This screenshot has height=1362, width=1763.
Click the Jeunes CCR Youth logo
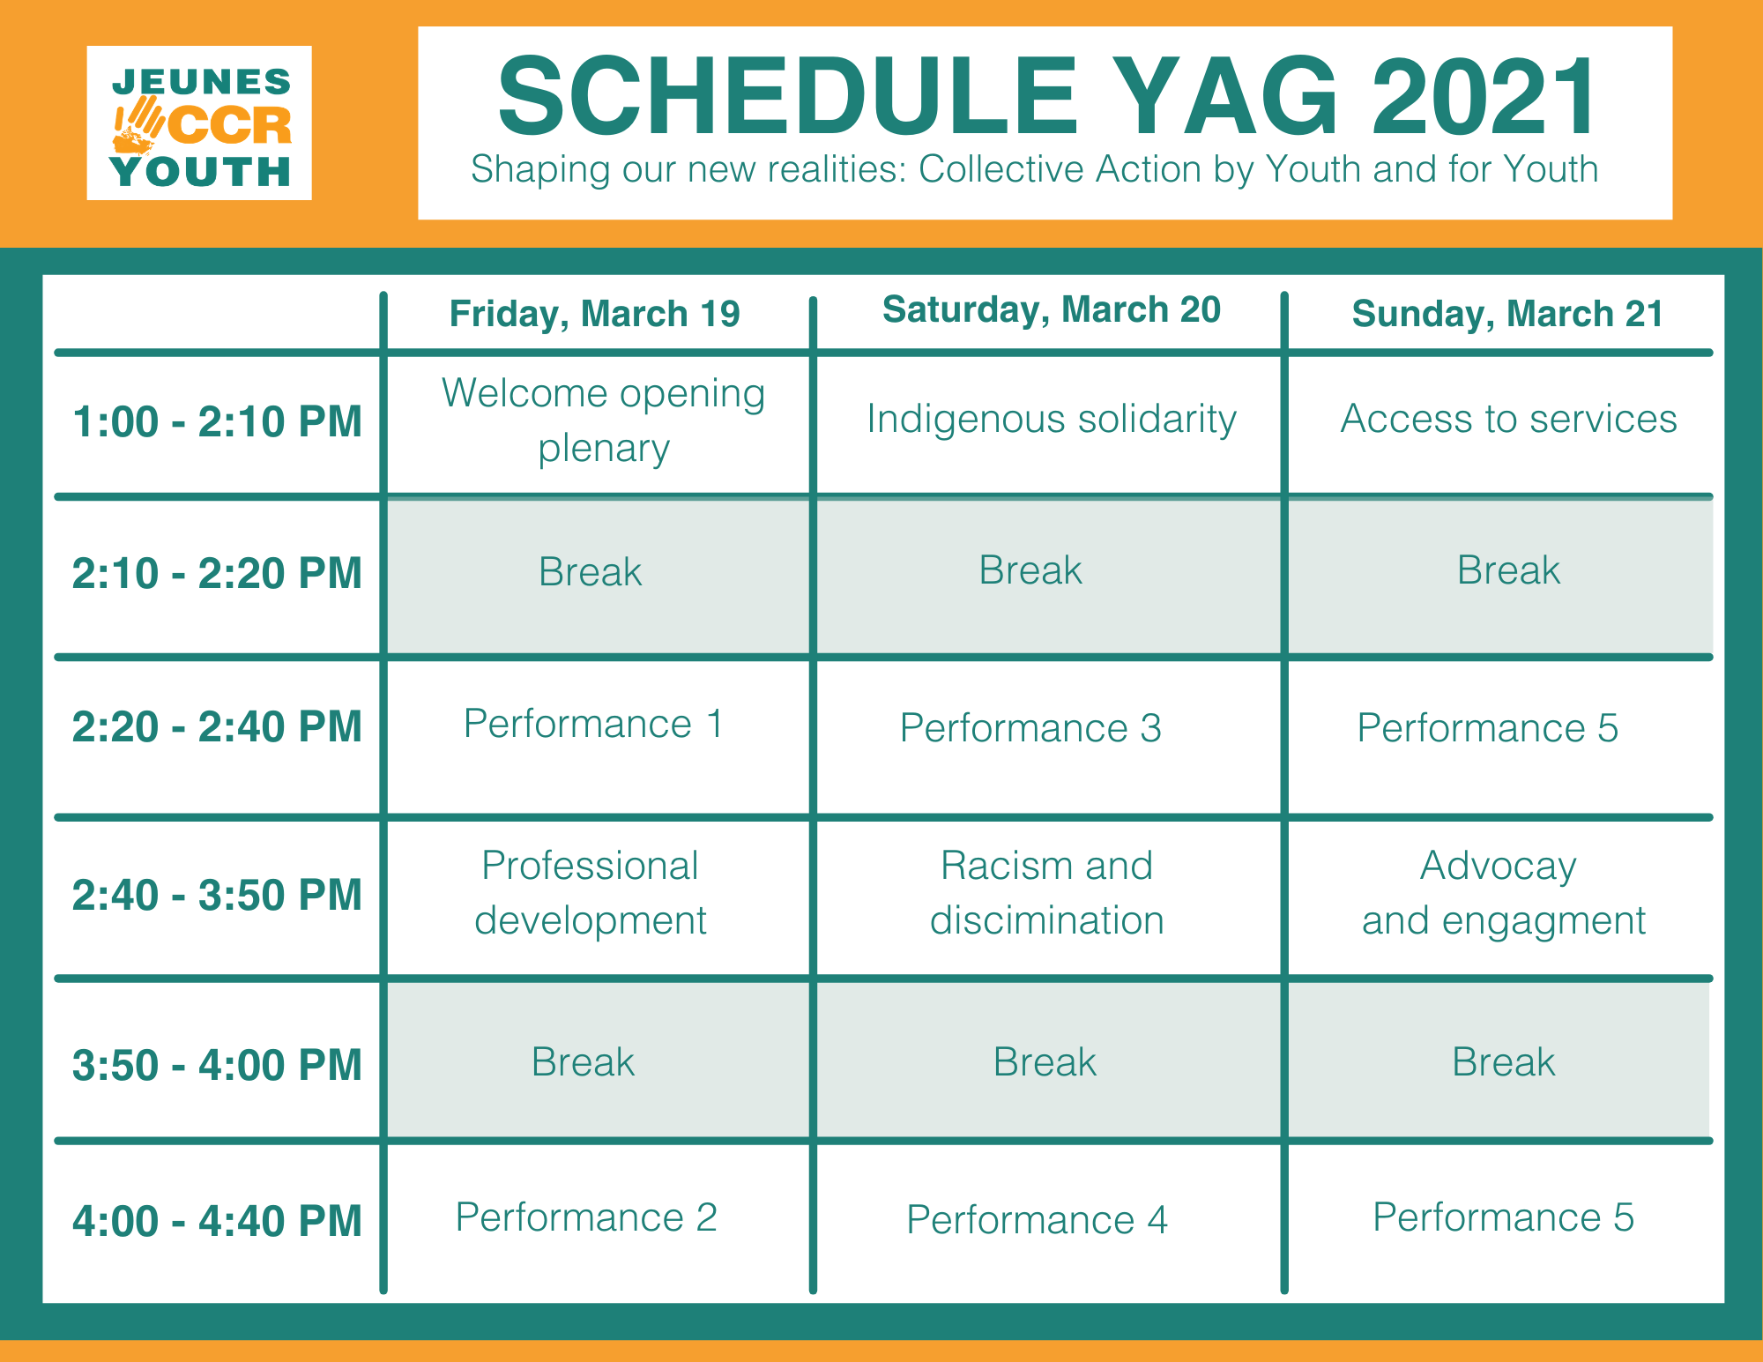pos(199,123)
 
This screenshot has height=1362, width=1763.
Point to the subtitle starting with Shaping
pos(1034,169)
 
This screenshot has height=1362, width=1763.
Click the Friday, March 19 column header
pos(595,314)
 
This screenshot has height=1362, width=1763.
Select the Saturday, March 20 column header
pos(1052,309)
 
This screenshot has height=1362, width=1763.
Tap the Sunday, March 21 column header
pos(1507,314)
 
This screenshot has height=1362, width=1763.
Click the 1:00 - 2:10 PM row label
pos(217,421)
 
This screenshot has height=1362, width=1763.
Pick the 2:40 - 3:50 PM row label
pos(217,895)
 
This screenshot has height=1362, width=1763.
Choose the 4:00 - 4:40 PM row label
pos(217,1221)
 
